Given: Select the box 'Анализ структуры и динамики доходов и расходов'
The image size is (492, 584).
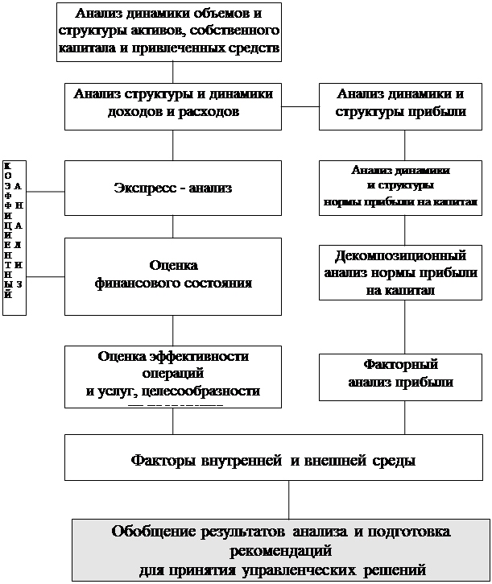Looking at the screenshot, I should [x=173, y=105].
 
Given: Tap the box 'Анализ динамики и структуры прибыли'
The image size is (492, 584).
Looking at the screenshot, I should [x=400, y=105].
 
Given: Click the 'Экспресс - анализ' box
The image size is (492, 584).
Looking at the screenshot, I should [x=173, y=188].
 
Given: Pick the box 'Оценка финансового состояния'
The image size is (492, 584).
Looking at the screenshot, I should [x=173, y=275].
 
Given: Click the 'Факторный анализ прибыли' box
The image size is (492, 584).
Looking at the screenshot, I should [x=400, y=375].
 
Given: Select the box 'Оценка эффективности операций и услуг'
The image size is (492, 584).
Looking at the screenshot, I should [x=173, y=375].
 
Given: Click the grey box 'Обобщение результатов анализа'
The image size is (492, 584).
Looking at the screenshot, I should [x=281, y=551].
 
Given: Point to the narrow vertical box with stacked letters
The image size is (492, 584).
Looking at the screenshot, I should [x=14, y=234].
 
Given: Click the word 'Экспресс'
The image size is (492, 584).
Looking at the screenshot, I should [x=143, y=188].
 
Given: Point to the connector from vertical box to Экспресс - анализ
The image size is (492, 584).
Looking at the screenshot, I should [x=45, y=192].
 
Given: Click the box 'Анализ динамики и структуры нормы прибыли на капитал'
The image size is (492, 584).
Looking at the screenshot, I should [x=400, y=186].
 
